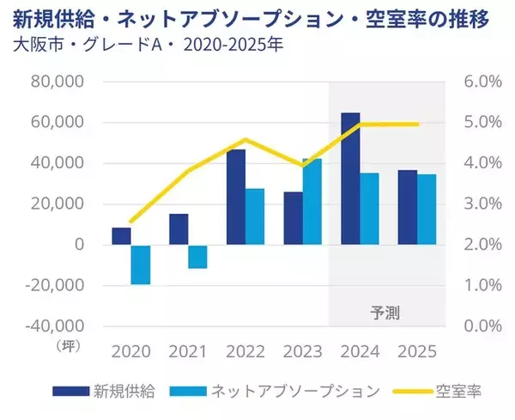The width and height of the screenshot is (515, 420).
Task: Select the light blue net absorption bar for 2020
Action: [x=141, y=265]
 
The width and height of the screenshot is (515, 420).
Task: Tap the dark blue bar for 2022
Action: [x=235, y=197]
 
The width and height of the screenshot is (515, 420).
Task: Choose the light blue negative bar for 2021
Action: [x=197, y=257]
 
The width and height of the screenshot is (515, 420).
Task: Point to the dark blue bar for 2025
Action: [x=407, y=207]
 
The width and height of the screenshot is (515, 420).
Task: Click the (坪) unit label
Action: [x=67, y=345]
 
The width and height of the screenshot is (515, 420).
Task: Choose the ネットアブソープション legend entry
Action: [x=295, y=391]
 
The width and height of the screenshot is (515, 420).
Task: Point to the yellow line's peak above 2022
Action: [x=245, y=139]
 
